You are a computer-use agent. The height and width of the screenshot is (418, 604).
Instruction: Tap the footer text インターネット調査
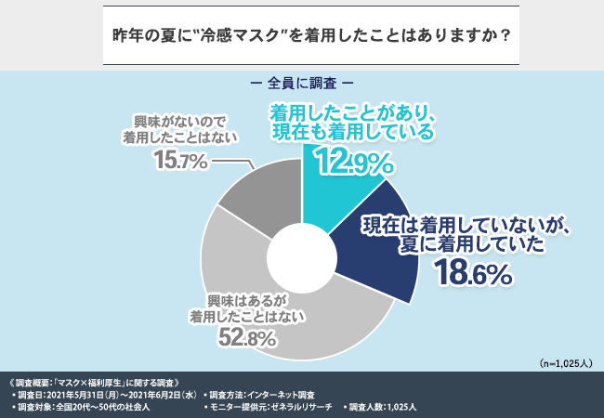click(x=287, y=395)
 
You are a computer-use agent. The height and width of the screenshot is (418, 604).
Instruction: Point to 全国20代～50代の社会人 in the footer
click(x=103, y=407)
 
